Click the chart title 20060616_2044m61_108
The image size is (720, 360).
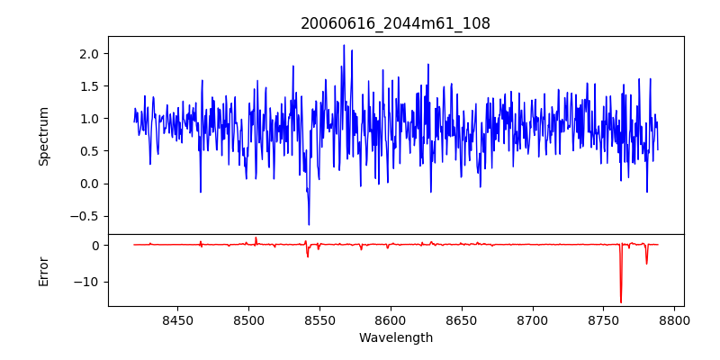(395, 23)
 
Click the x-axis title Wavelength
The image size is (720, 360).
(395, 337)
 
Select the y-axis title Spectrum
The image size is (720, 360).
(43, 136)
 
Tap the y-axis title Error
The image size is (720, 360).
(43, 271)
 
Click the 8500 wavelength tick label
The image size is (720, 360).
(248, 319)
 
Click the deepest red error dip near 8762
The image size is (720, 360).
(620, 301)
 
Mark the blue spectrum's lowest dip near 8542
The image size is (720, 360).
(309, 224)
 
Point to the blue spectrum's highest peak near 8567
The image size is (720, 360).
(344, 45)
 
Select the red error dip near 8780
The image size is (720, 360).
(646, 263)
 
